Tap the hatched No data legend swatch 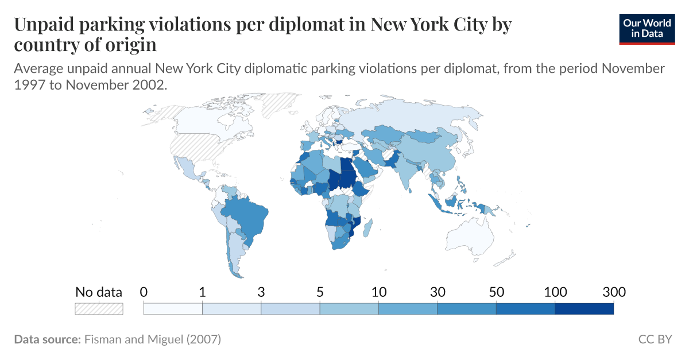coord(99,308)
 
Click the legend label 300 coord(614,292)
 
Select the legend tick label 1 coord(202,292)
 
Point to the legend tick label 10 coord(378,292)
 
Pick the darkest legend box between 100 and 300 coord(585,308)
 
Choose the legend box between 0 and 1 coord(173,308)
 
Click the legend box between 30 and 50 coord(467,308)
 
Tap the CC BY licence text coord(655,339)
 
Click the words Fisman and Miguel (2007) coord(152,339)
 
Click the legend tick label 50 coord(496,292)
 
